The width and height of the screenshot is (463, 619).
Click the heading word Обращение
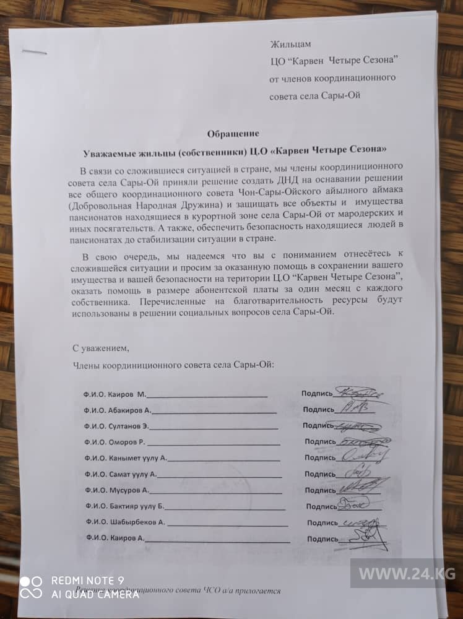pyautogui.click(x=232, y=132)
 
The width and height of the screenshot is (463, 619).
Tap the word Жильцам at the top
pyautogui.click(x=290, y=44)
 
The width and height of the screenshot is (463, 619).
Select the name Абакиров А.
pyautogui.click(x=131, y=410)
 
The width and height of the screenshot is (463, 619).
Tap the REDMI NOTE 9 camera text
pyautogui.click(x=87, y=581)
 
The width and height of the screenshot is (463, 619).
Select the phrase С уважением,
pyautogui.click(x=101, y=348)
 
